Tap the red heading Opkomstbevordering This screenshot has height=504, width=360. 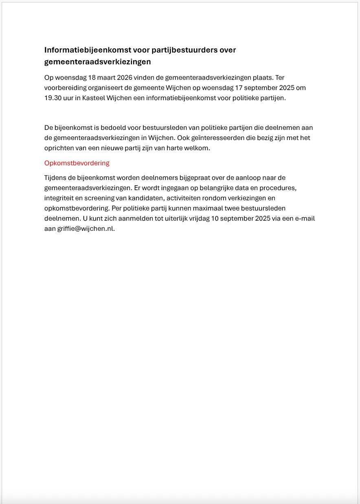coord(77,163)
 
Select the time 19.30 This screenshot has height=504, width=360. coord(53,98)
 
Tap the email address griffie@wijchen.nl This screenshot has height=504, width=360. coord(86,228)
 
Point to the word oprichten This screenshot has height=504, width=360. coord(59,148)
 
